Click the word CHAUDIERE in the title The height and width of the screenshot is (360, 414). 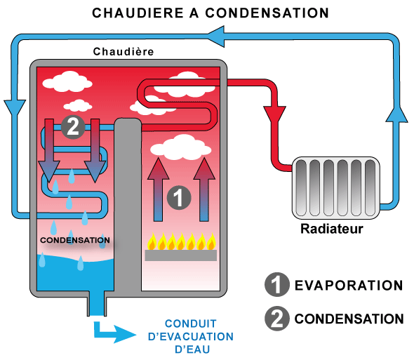pyautogui.click(x=138, y=13)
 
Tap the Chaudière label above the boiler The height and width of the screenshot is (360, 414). pyautogui.click(x=123, y=51)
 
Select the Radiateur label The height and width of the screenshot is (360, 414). pyautogui.click(x=332, y=229)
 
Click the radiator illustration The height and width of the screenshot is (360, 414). pyautogui.click(x=336, y=188)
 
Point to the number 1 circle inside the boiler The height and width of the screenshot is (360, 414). pyautogui.click(x=179, y=198)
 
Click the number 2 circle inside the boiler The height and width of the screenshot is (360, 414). pyautogui.click(x=73, y=127)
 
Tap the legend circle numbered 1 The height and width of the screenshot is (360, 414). pyautogui.click(x=276, y=285)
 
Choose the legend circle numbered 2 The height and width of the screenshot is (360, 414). pyautogui.click(x=276, y=319)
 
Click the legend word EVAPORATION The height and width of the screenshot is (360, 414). pyautogui.click(x=349, y=286)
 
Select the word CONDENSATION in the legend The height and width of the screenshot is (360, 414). pyautogui.click(x=349, y=319)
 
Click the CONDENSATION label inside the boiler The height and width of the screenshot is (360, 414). pyautogui.click(x=75, y=240)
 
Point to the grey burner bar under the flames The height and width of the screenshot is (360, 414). pyautogui.click(x=181, y=255)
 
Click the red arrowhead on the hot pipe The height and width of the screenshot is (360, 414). pyautogui.click(x=274, y=115)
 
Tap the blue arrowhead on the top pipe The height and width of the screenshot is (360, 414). pyautogui.click(x=216, y=36)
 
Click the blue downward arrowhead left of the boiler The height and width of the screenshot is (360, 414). pyautogui.click(x=15, y=109)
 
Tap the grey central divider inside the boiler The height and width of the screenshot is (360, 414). pyautogui.click(x=128, y=205)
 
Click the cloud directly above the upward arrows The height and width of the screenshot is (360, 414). pyautogui.click(x=181, y=147)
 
